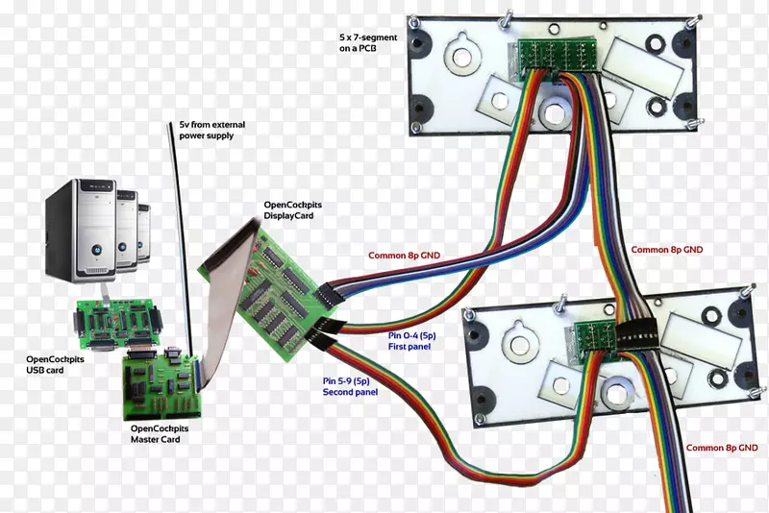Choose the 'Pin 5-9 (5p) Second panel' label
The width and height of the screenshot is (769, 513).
(348, 387)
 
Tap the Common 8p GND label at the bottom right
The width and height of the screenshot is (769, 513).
(721, 448)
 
